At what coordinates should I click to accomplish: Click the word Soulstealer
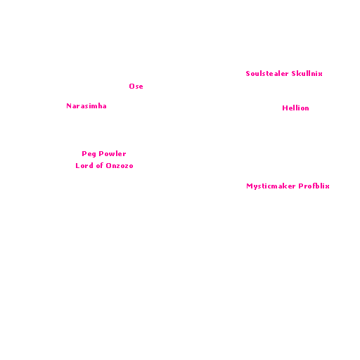tap(267, 74)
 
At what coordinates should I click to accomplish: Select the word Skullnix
tap(307, 74)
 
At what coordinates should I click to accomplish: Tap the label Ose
tap(136, 86)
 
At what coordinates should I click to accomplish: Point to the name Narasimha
tap(86, 106)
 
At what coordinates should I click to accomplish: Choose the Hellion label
tap(295, 108)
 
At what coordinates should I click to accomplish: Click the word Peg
tap(89, 154)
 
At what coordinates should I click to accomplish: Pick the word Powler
tap(112, 154)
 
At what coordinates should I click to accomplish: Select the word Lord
tap(84, 166)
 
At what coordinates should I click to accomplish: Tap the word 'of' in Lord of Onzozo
tap(100, 166)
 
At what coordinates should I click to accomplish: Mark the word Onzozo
tap(120, 166)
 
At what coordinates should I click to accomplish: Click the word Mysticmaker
tap(271, 186)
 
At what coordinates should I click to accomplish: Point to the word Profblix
tap(314, 186)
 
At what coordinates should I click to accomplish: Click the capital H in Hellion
tap(285, 108)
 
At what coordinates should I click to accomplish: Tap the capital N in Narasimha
tap(69, 106)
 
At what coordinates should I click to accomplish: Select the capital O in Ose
tap(131, 86)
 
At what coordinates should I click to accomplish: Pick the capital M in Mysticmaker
tap(249, 186)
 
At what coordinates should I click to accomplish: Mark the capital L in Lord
tap(77, 166)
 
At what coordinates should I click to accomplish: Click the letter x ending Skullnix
tap(320, 75)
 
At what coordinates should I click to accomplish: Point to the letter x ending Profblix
tap(327, 186)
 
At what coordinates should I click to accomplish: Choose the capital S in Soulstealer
tap(247, 74)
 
